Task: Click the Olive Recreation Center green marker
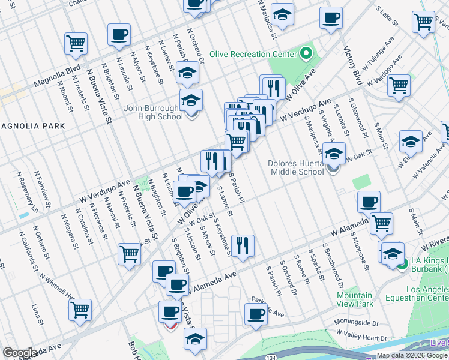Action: [x=306, y=54]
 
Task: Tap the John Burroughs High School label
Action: [x=153, y=112]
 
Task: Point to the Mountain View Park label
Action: [x=354, y=299]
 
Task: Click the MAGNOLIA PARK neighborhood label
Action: [x=32, y=126]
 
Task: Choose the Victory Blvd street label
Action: [x=352, y=65]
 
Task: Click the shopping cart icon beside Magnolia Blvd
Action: [x=76, y=43]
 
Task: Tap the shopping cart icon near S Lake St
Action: [x=424, y=22]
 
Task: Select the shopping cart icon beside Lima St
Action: [x=80, y=310]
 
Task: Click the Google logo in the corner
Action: [x=20, y=353]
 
